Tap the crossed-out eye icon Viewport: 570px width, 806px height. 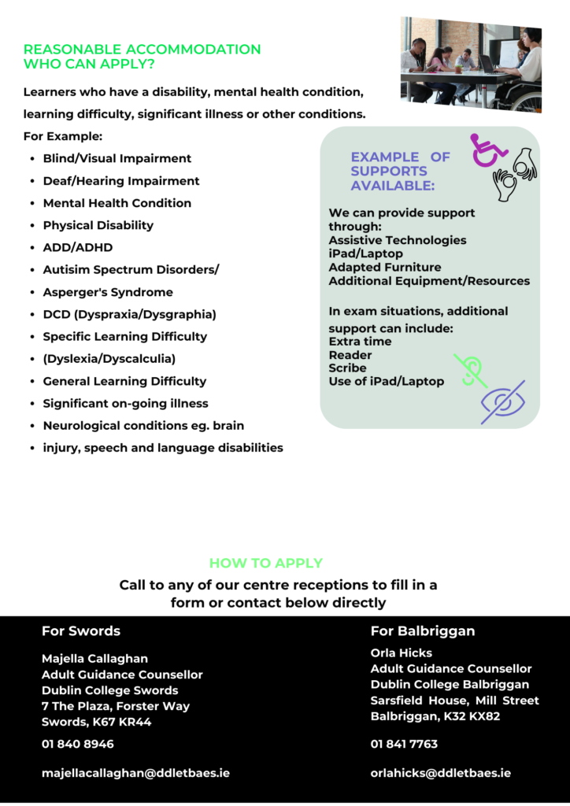point(503,402)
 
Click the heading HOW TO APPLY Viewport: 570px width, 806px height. point(265,564)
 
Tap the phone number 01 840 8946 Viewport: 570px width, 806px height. point(78,744)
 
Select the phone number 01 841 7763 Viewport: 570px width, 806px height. point(404,744)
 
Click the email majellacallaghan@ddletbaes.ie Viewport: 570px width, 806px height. point(135,773)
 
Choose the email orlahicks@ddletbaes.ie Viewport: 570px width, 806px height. point(440,773)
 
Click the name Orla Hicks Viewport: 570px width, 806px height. point(402,653)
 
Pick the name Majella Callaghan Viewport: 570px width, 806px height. point(94,658)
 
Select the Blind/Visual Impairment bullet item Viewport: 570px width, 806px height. point(117,158)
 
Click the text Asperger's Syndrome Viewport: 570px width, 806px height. point(108,292)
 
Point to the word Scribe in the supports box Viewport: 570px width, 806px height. point(347,368)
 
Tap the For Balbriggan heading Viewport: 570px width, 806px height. point(423,631)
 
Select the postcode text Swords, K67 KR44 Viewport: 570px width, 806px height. point(96,722)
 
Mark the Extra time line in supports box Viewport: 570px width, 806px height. point(360,342)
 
